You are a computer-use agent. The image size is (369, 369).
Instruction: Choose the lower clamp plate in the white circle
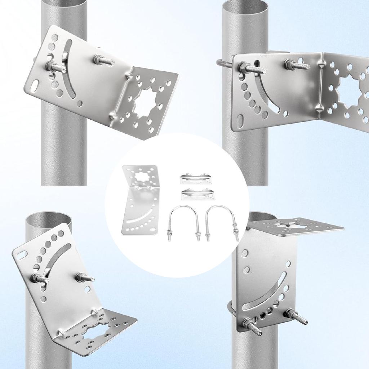(197, 193)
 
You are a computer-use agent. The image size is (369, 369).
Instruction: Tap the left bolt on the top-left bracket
(54, 67)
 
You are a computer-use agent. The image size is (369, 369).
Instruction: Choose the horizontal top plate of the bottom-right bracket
(295, 226)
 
